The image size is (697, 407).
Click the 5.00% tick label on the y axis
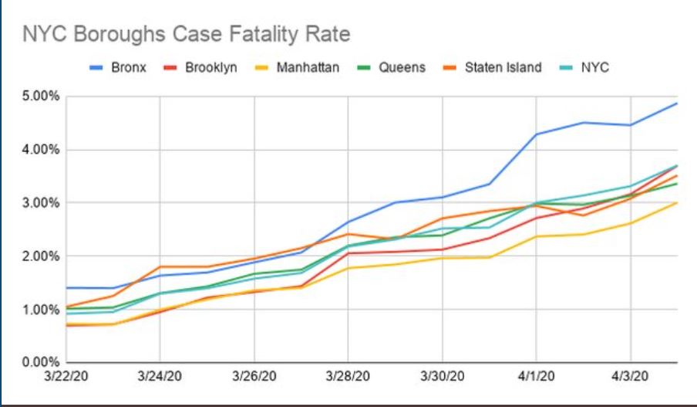click(36, 97)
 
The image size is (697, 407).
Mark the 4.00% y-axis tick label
click(36, 150)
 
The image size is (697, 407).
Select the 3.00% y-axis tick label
click(36, 203)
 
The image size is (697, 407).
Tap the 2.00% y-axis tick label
click(36, 256)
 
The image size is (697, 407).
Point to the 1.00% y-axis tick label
click(36, 310)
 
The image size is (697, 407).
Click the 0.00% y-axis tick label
click(36, 361)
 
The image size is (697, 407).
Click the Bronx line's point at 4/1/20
click(537, 134)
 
